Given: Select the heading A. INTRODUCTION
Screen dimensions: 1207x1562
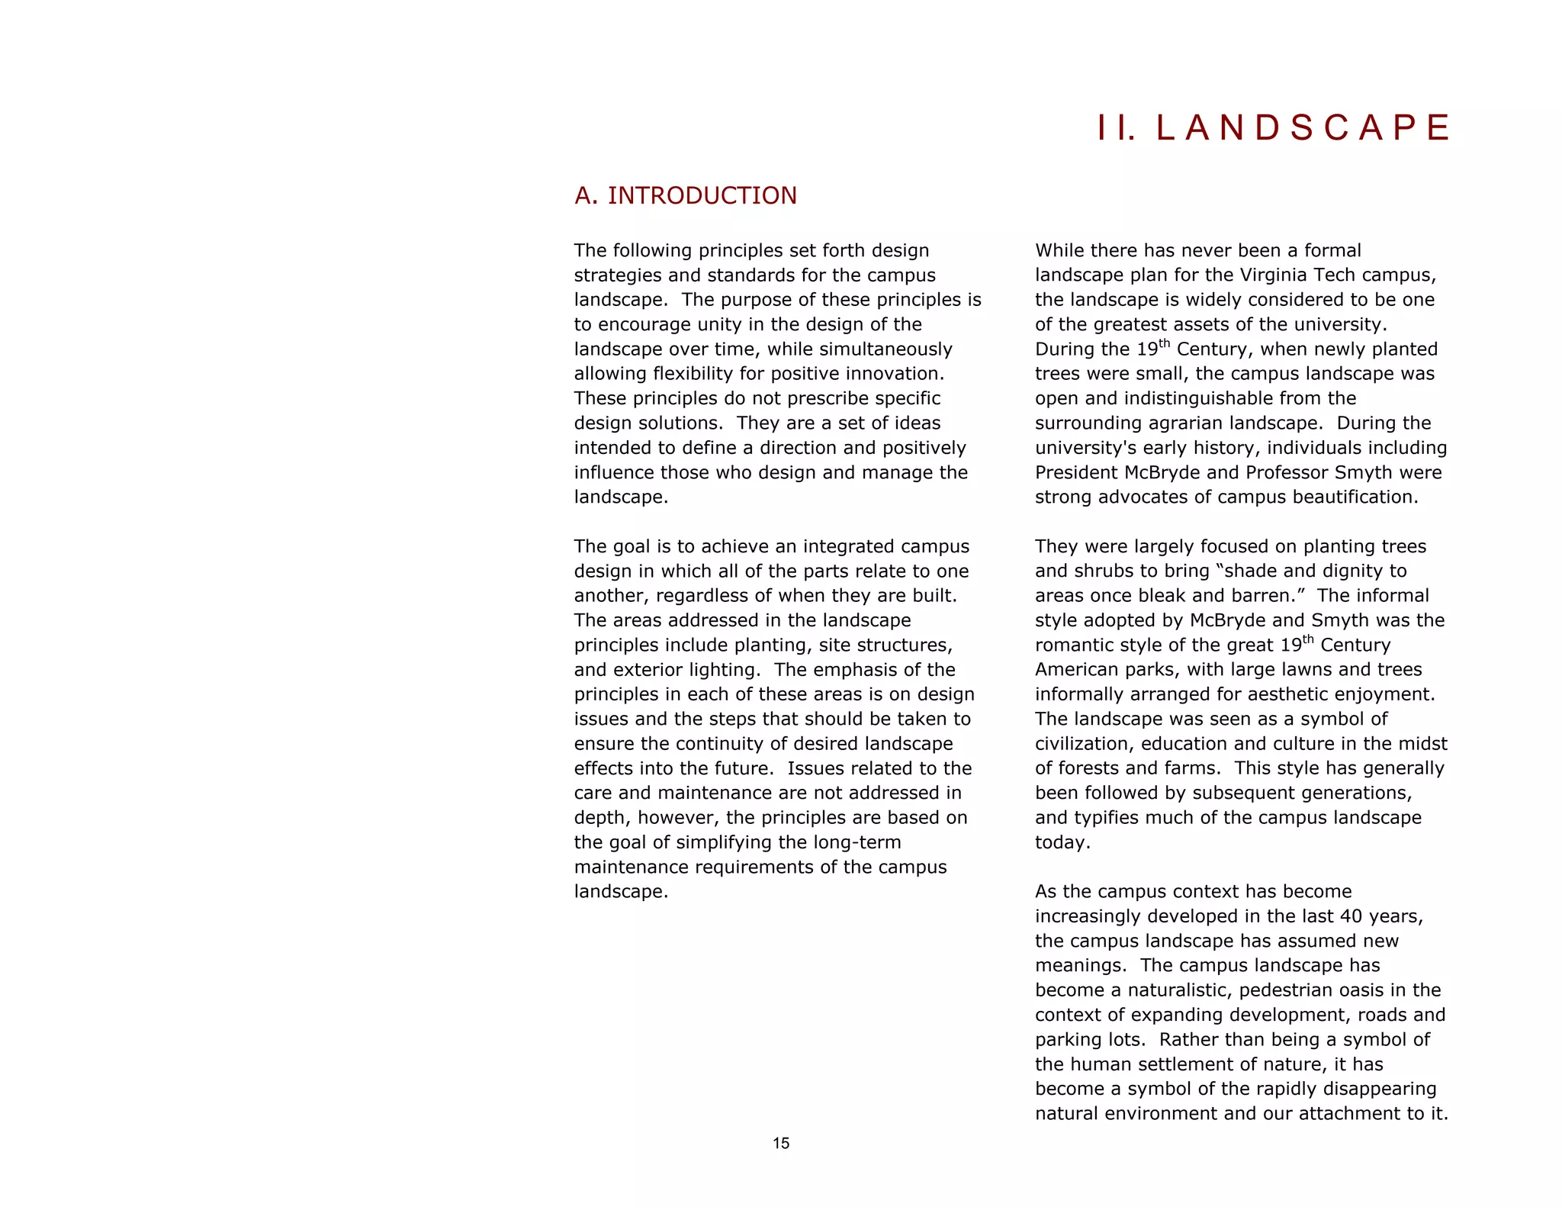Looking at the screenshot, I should click(x=685, y=196).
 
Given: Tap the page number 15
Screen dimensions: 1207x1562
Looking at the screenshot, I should click(x=781, y=1143).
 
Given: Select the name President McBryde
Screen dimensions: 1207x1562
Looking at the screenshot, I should click(x=1117, y=473).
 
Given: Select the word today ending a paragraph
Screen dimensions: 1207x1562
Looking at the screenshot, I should click(x=1061, y=843).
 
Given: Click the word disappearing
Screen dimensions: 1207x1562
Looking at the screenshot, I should click(x=1380, y=1089).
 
